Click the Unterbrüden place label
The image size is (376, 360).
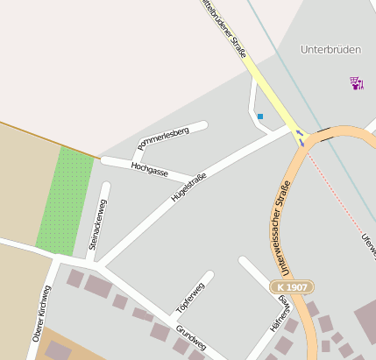point(330,50)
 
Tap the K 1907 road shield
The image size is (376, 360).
point(291,286)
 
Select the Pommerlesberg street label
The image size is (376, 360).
point(163,138)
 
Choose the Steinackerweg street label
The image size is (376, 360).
point(97,224)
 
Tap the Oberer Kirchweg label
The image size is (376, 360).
point(41,314)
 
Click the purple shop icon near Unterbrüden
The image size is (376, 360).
point(355,83)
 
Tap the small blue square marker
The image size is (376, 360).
point(260,116)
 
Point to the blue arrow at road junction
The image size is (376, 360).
point(301,136)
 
